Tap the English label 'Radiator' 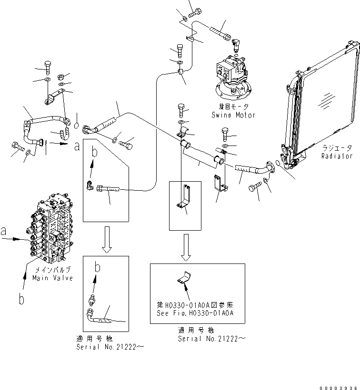coord(337,156)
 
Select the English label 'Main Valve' coord(52,278)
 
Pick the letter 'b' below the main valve coord(21,299)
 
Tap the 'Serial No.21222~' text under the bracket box coord(212,339)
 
